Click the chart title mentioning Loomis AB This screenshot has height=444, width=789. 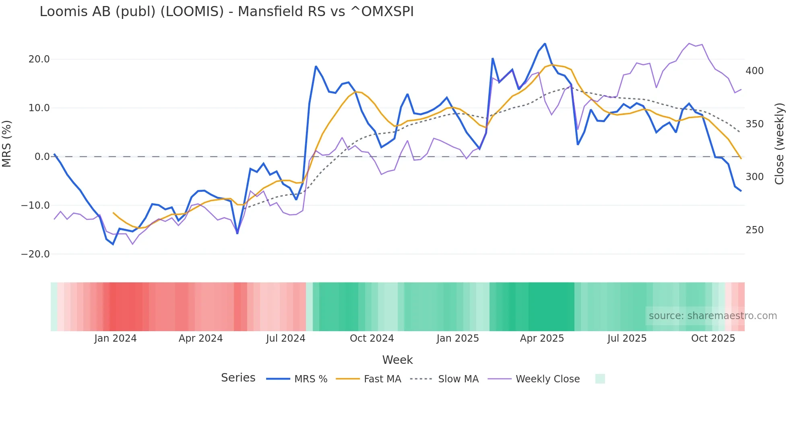click(x=226, y=11)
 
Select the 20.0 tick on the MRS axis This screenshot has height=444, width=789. click(x=39, y=59)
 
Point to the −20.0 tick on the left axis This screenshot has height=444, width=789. click(x=35, y=254)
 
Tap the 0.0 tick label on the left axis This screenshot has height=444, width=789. click(x=42, y=157)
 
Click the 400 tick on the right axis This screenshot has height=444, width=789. click(x=754, y=71)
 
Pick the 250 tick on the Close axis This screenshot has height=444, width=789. click(x=754, y=230)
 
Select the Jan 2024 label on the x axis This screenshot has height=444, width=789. click(x=116, y=338)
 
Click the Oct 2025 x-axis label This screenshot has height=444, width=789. click(x=713, y=338)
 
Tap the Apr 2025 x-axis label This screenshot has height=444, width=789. click(x=542, y=338)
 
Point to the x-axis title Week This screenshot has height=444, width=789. click(x=397, y=360)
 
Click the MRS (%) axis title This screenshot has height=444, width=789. click(x=6, y=143)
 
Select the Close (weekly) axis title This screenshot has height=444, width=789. click(x=779, y=143)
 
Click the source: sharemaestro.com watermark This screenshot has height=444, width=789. click(x=713, y=316)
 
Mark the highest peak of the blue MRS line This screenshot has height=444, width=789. click(x=545, y=44)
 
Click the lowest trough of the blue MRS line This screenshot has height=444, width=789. click(x=113, y=244)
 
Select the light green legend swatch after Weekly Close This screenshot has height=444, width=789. click(x=600, y=379)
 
